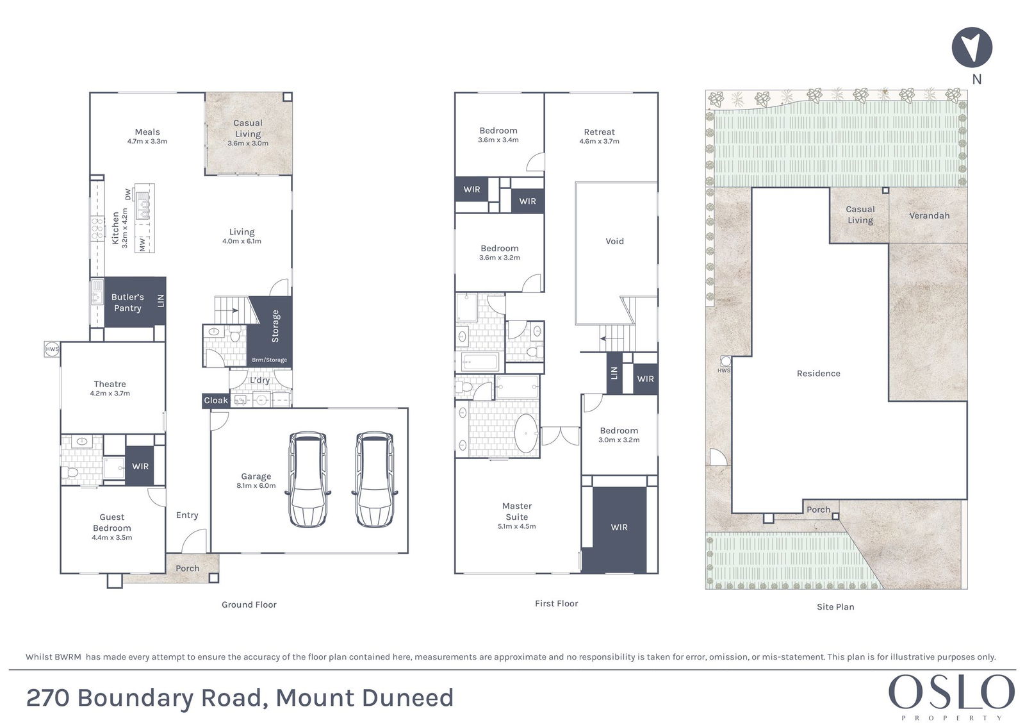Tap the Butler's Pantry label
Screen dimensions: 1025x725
tap(127, 303)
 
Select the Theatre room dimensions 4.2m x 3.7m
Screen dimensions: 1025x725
tap(110, 394)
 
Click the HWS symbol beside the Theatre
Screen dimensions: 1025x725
tap(52, 349)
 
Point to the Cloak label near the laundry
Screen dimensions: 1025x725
tap(216, 400)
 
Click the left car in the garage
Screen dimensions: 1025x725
tap(308, 479)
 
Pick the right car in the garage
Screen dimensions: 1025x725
tap(375, 479)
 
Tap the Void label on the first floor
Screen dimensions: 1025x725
tap(614, 242)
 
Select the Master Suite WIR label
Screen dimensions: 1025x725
tap(619, 527)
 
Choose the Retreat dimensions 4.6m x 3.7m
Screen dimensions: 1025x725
tap(600, 142)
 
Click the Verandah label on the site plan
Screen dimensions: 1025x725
tap(930, 216)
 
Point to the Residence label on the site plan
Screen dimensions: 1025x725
tap(819, 373)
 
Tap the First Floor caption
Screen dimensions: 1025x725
tap(557, 604)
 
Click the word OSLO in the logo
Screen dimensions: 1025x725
tap(952, 692)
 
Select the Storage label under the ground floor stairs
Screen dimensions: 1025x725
tap(275, 326)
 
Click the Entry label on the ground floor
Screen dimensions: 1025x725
tap(187, 515)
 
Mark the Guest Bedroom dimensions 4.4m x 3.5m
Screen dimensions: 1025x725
tap(111, 538)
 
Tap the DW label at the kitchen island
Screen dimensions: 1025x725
tap(127, 194)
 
